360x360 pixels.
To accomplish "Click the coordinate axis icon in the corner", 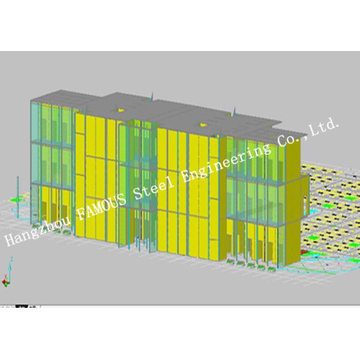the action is tap(8, 277).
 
